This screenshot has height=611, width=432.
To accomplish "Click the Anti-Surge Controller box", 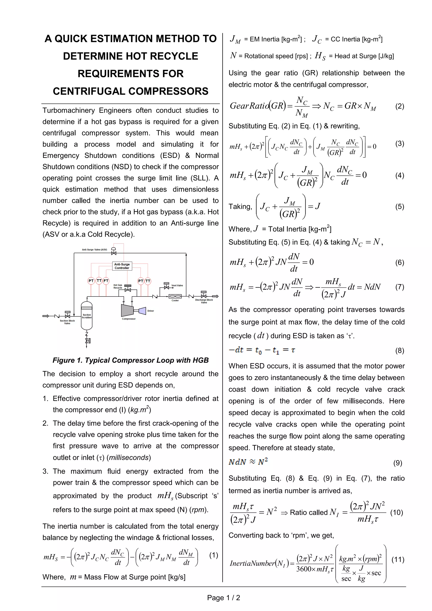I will point(122,266).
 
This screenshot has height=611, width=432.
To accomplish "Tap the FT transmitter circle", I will point(106,281).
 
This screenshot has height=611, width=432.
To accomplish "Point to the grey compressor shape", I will point(127,310).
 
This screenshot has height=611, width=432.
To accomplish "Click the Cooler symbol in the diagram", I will point(175,296).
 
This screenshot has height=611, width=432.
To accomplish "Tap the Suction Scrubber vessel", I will point(87,316).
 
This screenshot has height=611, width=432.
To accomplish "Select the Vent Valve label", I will point(177,285).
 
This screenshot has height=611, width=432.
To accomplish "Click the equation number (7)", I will point(400,287).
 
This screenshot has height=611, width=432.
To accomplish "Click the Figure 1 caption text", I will point(130,360).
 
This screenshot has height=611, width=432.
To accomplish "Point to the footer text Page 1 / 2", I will point(223,598).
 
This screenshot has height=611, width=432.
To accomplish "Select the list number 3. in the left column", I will point(45,471).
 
